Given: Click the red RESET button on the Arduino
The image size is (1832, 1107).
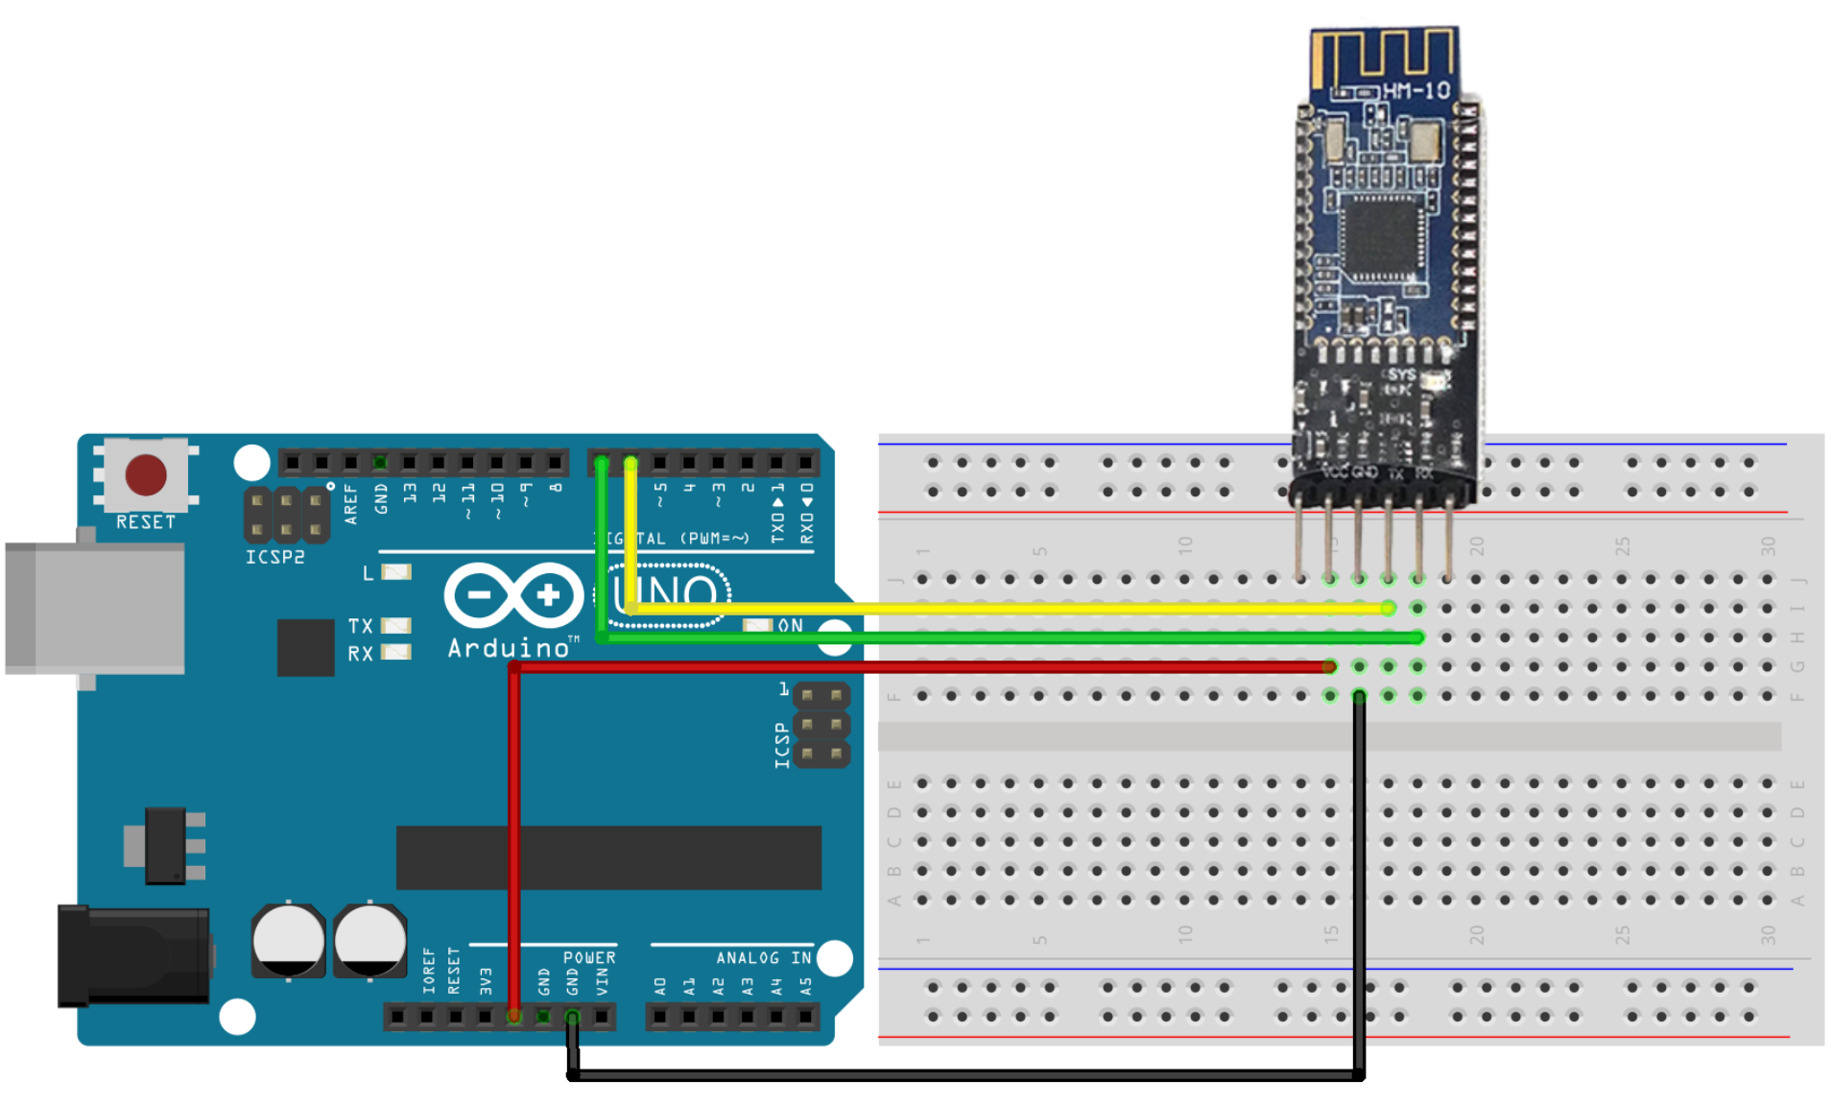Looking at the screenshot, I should [x=146, y=474].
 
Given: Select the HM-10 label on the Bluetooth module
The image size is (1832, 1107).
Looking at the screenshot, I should [x=1416, y=91].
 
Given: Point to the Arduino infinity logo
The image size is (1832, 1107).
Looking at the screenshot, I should [x=513, y=595].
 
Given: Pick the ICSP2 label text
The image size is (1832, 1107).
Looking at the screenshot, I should [x=274, y=557].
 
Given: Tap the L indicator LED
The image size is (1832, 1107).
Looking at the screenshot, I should [x=396, y=572].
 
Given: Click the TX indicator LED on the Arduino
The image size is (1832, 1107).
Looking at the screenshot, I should [x=396, y=626].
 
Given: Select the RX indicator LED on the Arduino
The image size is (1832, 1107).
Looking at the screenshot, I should [x=396, y=653].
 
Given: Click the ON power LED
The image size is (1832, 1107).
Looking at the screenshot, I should [x=757, y=626].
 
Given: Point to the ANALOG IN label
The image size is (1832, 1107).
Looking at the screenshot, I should [x=763, y=958].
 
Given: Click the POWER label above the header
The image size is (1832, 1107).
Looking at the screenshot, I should [x=589, y=958].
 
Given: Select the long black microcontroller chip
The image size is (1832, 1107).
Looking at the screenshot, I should [x=608, y=857].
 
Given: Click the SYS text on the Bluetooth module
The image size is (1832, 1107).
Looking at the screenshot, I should [x=1401, y=374].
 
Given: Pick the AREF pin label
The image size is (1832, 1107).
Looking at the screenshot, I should [x=351, y=504].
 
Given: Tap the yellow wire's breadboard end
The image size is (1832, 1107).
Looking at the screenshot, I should [x=1388, y=608].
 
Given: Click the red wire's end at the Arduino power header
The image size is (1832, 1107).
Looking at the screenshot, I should [x=514, y=1016].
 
